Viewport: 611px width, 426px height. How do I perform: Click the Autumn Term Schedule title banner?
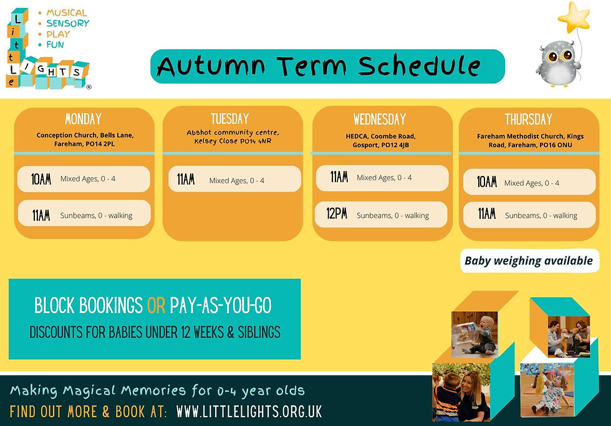click(x=327, y=66)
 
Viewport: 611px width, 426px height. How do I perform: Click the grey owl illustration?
click(x=557, y=63)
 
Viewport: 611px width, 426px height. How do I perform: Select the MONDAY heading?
click(x=84, y=119)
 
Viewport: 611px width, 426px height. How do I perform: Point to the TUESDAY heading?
click(x=229, y=119)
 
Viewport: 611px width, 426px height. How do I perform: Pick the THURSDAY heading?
click(x=529, y=119)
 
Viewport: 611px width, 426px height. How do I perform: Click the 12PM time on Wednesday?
click(x=337, y=215)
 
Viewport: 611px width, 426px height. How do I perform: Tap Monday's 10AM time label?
click(x=42, y=179)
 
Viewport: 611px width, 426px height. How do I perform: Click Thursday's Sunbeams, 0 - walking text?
click(x=541, y=215)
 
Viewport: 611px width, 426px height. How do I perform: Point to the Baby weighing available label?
click(x=529, y=261)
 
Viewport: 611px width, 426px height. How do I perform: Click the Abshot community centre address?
click(x=233, y=137)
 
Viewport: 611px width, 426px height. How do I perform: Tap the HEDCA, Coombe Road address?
click(x=380, y=140)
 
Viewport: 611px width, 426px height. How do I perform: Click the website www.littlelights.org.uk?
click(x=249, y=412)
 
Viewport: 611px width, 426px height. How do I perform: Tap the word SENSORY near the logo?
click(x=68, y=23)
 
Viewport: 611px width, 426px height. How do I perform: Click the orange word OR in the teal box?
click(x=156, y=306)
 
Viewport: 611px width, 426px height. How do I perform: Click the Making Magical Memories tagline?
click(x=157, y=391)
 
